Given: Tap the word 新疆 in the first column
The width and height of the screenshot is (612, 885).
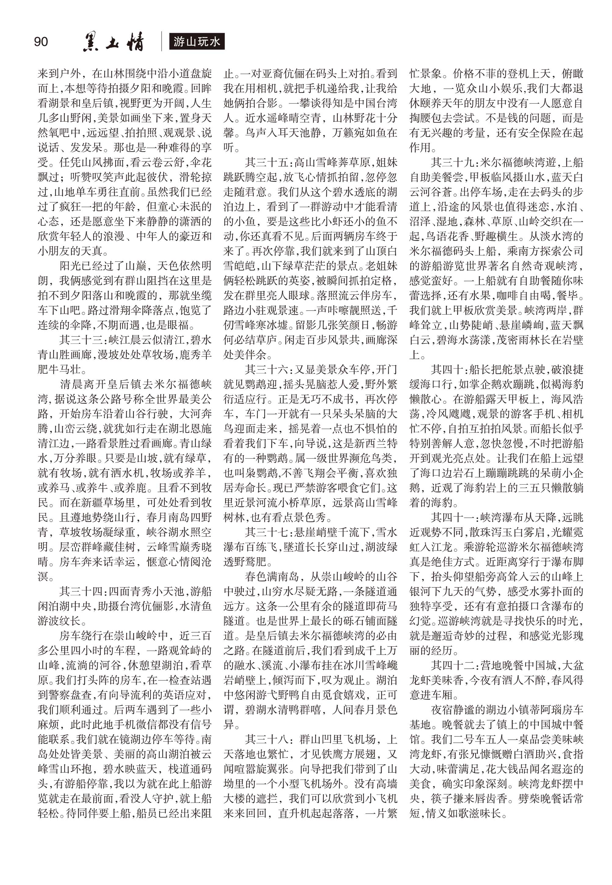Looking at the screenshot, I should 92,502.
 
